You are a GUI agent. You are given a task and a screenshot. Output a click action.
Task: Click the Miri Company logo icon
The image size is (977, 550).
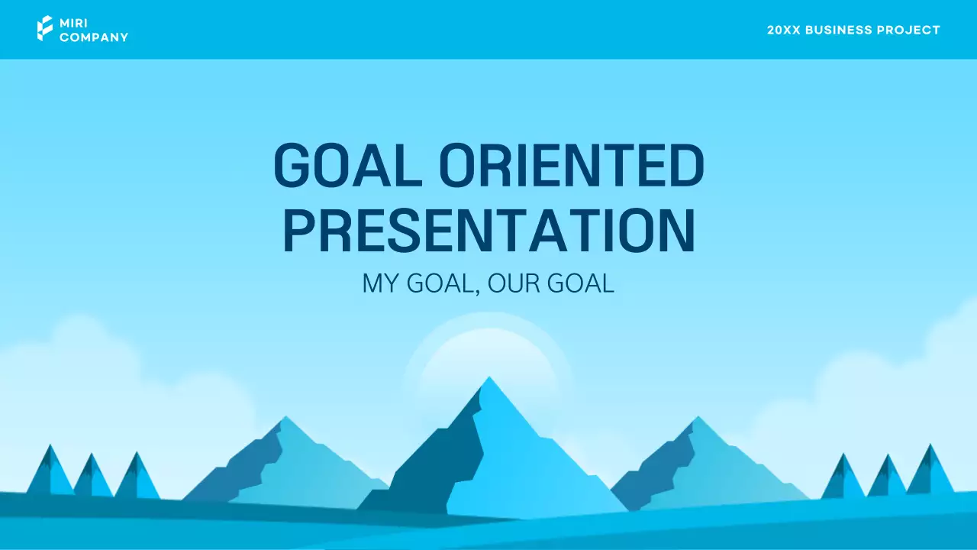45,29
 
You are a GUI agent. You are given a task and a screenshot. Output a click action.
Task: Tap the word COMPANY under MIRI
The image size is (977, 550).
94,37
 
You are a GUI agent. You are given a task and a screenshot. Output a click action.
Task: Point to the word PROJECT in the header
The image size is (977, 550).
911,30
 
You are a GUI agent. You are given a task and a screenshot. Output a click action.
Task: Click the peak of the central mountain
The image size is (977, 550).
489,379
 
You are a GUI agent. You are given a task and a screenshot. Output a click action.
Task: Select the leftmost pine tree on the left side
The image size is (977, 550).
50,474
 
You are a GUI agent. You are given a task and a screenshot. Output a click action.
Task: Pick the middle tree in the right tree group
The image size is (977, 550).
888,477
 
